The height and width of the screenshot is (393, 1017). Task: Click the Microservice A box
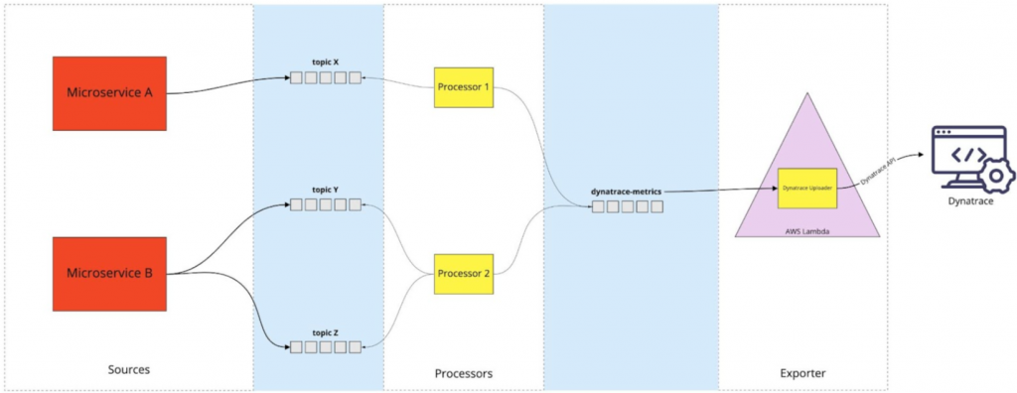coord(109,93)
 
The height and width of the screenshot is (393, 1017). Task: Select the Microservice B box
coord(109,273)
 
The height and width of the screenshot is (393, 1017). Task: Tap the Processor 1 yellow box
coord(463,87)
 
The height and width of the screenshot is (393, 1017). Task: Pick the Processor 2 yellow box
coord(463,274)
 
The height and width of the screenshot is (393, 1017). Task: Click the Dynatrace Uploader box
coord(807,188)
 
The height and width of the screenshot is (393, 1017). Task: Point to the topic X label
coord(324,63)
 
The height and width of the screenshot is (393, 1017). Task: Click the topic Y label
coord(324,190)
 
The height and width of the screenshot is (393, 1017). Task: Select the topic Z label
coord(324,331)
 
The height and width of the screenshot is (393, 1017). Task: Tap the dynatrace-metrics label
coord(627,192)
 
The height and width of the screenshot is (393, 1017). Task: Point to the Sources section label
coord(128,370)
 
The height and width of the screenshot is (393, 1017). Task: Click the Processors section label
coord(463,373)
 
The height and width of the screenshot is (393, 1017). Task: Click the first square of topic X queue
coord(296,77)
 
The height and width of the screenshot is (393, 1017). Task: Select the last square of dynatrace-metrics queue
coord(656,207)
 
